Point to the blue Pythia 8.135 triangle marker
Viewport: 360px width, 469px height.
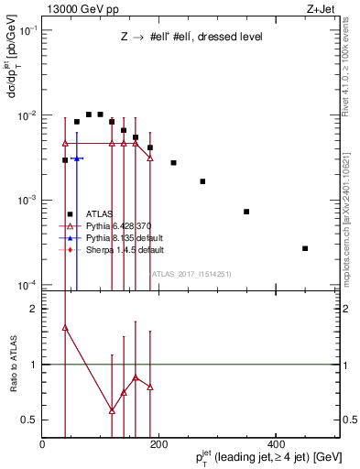point(77,158)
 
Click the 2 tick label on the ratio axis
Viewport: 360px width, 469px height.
point(37,310)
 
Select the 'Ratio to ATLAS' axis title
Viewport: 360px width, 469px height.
point(13,365)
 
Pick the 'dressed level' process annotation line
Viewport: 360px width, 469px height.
point(191,38)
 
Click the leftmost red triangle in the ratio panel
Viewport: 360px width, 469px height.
point(65,327)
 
